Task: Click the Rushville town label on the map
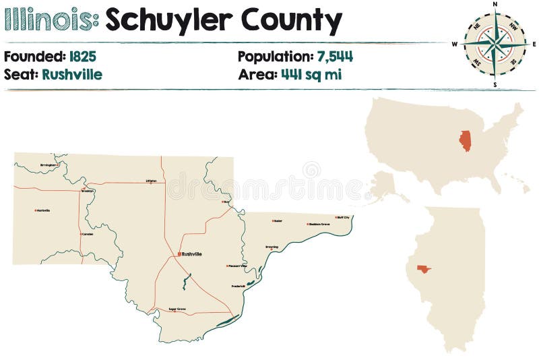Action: pos(193,254)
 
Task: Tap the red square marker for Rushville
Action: pos(179,254)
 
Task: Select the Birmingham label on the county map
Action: pos(49,164)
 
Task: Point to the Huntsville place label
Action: pos(43,210)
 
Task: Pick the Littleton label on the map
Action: pos(151,181)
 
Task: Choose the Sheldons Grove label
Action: pos(319,224)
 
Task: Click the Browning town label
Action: pos(272,247)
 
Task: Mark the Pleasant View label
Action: pos(236,266)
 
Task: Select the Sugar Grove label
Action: pos(177,309)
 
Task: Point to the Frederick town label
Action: pos(238,286)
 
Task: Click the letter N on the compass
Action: pos(495,4)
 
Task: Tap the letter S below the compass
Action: pos(495,85)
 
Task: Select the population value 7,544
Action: pos(335,57)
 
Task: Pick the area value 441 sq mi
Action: pos(311,74)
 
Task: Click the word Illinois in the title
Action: pos(51,22)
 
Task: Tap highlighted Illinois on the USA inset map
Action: pos(465,140)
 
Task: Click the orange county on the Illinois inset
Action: pos(423,269)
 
